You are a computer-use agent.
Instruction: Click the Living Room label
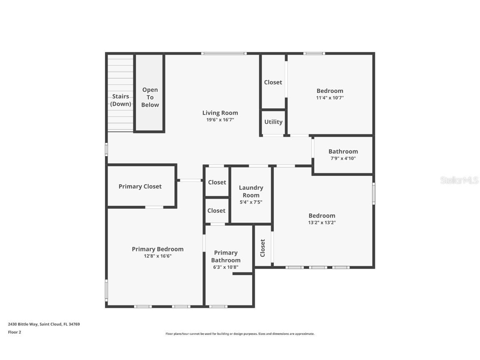click(x=220, y=113)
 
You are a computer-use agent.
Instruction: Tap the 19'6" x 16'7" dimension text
click(x=220, y=120)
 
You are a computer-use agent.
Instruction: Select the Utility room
click(x=273, y=122)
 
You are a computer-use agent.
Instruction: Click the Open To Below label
click(x=150, y=97)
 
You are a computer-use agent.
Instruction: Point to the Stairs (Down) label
click(x=120, y=100)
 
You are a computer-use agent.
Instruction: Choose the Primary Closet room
click(x=140, y=187)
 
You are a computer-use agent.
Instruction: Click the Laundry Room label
click(x=251, y=192)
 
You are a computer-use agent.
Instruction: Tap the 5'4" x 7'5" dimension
click(x=251, y=202)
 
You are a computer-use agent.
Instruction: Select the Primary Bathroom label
click(x=226, y=256)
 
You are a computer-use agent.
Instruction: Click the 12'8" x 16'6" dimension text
click(x=157, y=256)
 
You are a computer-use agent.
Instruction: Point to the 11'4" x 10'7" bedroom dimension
click(x=330, y=98)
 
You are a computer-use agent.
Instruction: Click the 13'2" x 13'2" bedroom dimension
click(x=322, y=222)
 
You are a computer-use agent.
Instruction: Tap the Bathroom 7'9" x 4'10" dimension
click(x=343, y=158)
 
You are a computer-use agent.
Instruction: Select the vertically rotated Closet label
click(x=262, y=247)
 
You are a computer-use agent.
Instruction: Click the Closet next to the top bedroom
click(x=273, y=82)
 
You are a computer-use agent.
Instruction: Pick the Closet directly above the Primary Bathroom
click(x=216, y=211)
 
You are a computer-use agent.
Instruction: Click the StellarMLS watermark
click(x=459, y=180)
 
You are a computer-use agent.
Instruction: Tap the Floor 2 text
click(x=15, y=332)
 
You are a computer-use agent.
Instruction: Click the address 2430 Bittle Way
click(x=44, y=324)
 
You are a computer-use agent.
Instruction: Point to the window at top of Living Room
click(x=224, y=53)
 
